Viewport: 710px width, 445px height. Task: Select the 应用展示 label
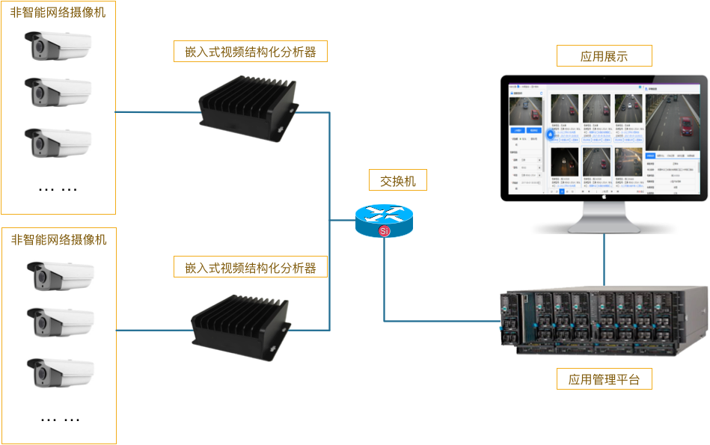pyautogui.click(x=604, y=56)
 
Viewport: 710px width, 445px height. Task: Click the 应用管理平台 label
pyautogui.click(x=604, y=379)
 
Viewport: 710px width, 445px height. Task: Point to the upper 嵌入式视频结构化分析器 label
pyautogui.click(x=250, y=52)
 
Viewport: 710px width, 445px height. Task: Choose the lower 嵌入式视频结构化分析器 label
pyautogui.click(x=250, y=267)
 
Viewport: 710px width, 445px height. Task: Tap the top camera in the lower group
pyautogui.click(x=60, y=276)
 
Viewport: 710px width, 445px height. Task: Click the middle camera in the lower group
pyautogui.click(x=60, y=322)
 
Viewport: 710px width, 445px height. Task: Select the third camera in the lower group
pyautogui.click(x=60, y=372)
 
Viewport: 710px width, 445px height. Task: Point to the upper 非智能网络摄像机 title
pyautogui.click(x=58, y=13)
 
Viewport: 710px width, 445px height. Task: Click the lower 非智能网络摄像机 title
pyautogui.click(x=58, y=239)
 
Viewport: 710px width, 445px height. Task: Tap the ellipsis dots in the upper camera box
pyautogui.click(x=58, y=188)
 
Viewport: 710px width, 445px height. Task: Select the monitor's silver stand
pyautogui.click(x=604, y=218)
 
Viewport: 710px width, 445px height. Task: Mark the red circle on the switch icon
pyautogui.click(x=385, y=231)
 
